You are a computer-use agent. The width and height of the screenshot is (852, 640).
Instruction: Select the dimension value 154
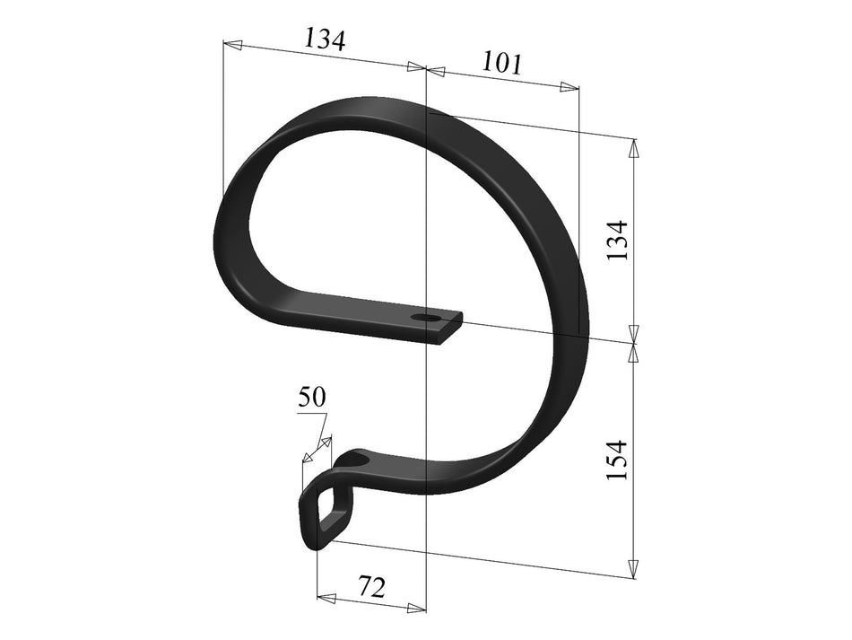pos(617,460)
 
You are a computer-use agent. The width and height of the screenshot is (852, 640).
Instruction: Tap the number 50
pos(312,398)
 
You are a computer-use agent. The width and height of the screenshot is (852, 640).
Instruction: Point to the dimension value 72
pos(371,588)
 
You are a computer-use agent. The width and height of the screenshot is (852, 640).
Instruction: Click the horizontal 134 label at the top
pos(325,39)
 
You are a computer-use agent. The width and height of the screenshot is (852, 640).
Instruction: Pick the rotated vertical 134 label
pos(617,240)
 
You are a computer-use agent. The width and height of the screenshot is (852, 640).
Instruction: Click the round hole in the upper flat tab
pos(423,319)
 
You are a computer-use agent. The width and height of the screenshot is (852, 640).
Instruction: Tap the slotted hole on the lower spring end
pos(357,460)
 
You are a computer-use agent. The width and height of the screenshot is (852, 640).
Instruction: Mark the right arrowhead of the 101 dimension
pos(569,87)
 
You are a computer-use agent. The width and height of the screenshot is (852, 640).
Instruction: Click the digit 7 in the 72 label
pos(365,588)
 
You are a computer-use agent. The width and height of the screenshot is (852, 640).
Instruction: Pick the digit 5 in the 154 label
pos(617,460)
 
